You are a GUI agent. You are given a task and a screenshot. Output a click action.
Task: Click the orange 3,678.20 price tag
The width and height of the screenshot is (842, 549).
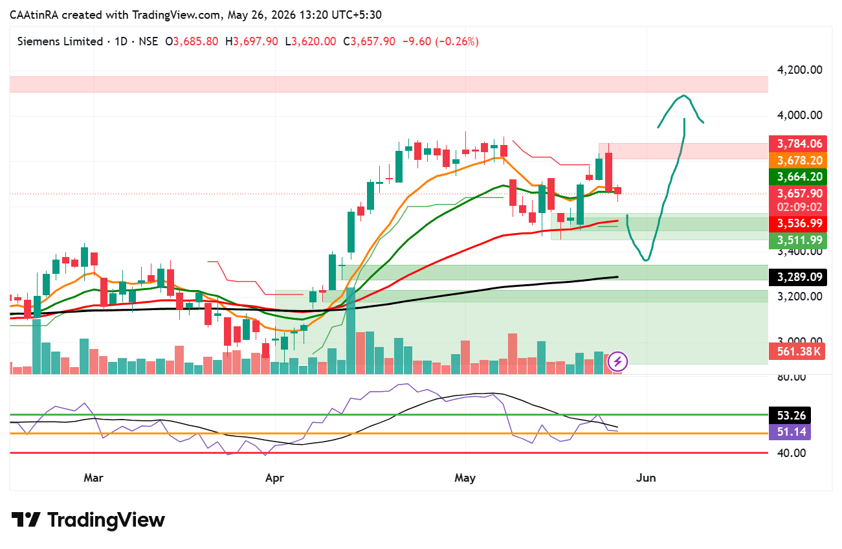(797, 160)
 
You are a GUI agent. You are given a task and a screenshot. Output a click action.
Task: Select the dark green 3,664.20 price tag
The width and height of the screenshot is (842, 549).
(797, 177)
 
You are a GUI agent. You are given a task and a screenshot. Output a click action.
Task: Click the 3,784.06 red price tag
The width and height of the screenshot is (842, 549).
(797, 144)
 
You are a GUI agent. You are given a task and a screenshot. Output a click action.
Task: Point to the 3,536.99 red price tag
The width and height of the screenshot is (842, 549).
(797, 223)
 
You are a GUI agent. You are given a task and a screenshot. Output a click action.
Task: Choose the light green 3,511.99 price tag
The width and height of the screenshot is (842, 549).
(797, 240)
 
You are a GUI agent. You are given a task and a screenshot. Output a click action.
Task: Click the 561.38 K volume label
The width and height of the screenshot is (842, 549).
(797, 352)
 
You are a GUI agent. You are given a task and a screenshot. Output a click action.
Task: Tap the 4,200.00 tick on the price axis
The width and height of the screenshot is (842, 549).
(799, 70)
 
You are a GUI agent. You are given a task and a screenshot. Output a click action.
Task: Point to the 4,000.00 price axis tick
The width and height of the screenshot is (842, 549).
(799, 115)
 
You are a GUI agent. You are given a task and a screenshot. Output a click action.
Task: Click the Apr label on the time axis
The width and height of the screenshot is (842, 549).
(274, 478)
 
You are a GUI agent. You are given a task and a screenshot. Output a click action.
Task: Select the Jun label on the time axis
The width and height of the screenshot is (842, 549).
(646, 478)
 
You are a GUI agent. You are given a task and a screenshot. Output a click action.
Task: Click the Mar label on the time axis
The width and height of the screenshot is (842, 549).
(93, 478)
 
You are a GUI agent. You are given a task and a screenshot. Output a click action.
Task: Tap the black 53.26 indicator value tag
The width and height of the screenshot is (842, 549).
(790, 416)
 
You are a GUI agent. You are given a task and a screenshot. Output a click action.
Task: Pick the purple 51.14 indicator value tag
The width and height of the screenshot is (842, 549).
(790, 432)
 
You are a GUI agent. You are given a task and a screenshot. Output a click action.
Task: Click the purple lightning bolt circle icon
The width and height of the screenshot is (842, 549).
(617, 362)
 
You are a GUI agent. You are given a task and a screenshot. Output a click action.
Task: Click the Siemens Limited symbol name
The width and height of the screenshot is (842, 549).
(60, 41)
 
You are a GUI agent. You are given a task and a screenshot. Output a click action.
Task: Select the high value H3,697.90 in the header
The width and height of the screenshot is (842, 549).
(252, 41)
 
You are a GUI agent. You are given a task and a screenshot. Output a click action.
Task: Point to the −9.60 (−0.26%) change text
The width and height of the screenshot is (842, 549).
(441, 41)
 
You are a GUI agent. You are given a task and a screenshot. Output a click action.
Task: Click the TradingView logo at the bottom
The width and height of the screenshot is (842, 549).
(88, 520)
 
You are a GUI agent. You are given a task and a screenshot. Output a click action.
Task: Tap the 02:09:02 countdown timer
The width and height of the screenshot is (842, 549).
(799, 207)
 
